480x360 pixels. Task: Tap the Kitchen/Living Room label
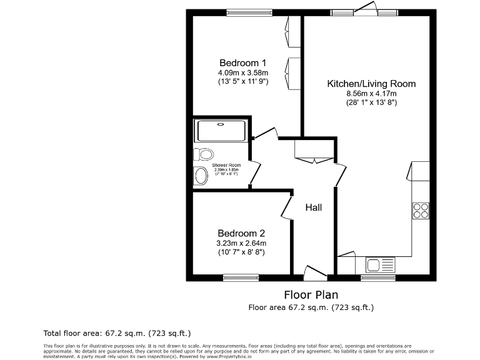371,83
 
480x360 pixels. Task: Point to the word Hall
314,207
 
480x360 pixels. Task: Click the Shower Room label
226,165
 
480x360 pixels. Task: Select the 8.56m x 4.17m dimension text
371,94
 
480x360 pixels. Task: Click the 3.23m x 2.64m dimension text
242,243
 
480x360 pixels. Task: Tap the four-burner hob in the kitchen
421,211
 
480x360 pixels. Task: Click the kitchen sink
380,265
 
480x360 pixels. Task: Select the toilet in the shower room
203,154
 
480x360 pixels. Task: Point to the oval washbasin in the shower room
201,176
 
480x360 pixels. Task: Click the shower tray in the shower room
222,131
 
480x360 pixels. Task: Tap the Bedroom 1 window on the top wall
249,12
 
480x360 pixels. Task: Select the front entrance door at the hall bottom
314,272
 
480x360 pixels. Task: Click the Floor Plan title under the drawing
311,294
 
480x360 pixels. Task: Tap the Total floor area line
117,333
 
